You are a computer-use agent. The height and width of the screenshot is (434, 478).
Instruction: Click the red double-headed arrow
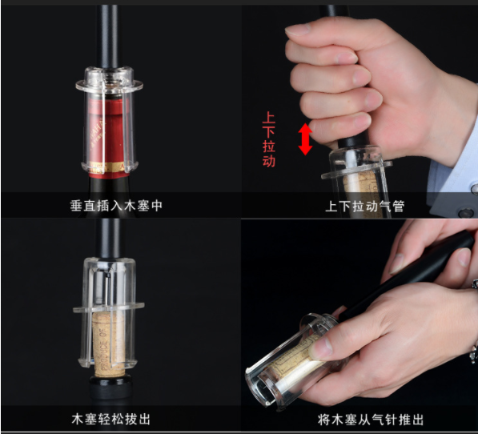tap(305, 139)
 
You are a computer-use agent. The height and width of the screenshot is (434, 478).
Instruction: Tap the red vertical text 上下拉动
tap(268, 139)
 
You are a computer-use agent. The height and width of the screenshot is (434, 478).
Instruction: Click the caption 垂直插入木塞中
tap(116, 206)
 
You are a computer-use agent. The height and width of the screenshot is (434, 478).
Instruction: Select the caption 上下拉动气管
tap(365, 207)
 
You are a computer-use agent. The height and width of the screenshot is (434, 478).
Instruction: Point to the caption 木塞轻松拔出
tap(111, 419)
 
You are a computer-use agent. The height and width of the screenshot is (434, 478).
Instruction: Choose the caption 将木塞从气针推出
tap(371, 420)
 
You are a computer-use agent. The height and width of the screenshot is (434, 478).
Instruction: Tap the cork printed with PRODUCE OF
tap(108, 344)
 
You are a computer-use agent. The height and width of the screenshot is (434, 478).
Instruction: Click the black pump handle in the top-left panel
tap(106, 37)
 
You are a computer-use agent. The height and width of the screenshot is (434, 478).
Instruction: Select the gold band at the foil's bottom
tap(109, 167)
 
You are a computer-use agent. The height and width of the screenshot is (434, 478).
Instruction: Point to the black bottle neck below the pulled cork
tap(110, 390)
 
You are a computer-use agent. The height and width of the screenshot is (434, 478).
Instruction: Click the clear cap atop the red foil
tap(109, 80)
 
